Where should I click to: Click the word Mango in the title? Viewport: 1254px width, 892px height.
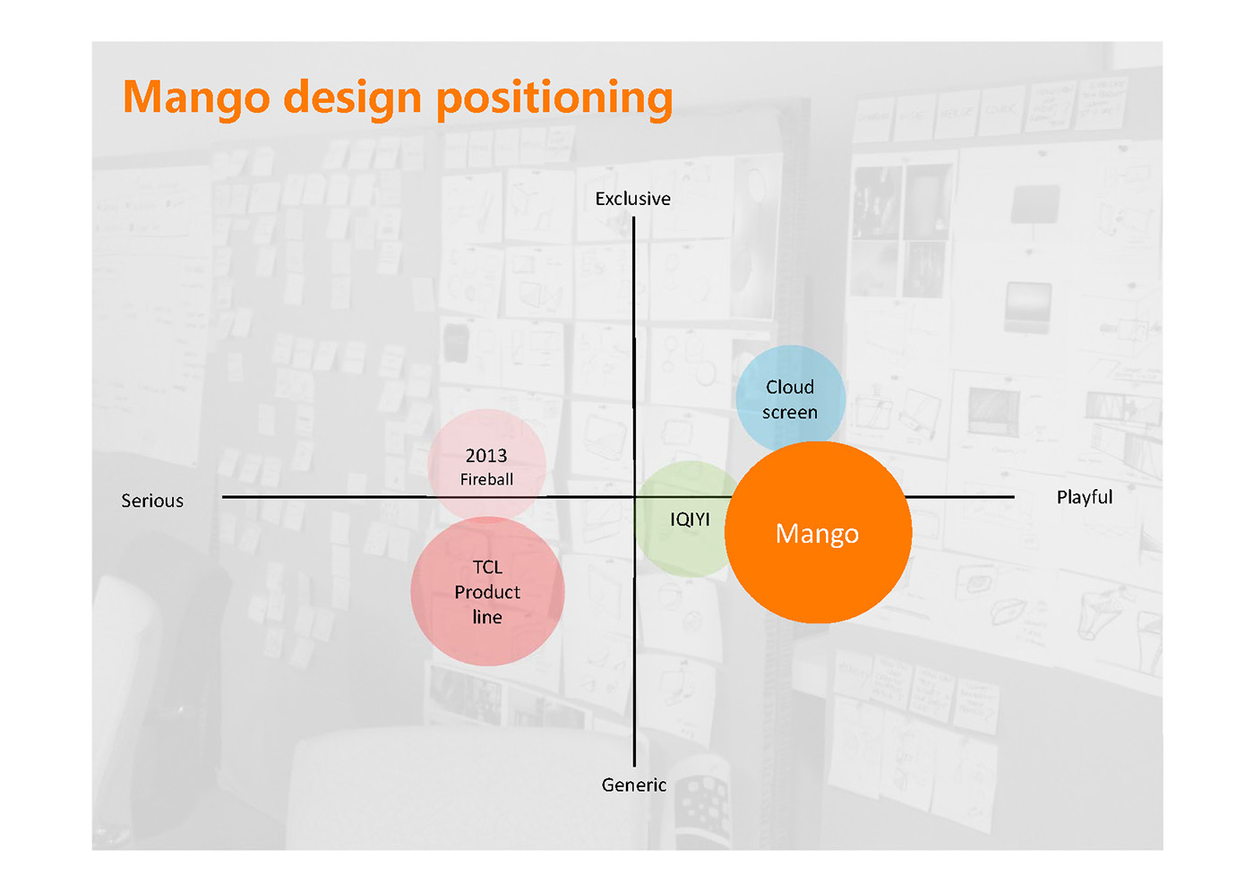point(196,98)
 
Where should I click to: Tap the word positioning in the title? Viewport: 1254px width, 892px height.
point(554,98)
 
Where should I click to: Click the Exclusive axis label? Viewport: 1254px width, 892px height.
point(632,199)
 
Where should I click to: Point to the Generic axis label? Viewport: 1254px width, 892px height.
point(634,785)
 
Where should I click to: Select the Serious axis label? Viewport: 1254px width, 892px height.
point(152,501)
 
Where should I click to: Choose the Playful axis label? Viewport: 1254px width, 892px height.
point(1084,497)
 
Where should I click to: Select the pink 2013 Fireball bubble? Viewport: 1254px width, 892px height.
point(486,439)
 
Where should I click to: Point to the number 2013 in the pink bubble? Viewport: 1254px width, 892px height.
point(486,456)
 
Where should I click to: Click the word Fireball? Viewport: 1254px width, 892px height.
point(486,479)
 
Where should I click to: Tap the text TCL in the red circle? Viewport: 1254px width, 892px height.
point(487,567)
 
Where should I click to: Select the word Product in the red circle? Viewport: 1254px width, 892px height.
point(487,592)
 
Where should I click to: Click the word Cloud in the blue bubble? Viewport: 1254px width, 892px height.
point(790,387)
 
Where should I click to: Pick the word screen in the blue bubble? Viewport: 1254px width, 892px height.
point(790,412)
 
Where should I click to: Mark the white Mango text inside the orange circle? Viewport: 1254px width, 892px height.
point(817,534)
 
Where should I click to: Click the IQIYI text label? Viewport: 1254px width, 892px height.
point(690,519)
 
